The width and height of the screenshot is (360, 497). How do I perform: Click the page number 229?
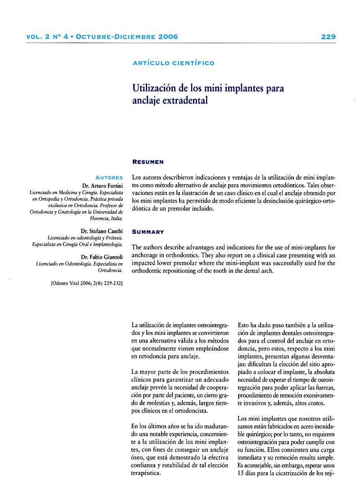point(328,37)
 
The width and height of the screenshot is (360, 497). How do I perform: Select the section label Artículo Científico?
point(173,63)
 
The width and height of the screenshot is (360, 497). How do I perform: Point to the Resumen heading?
point(148,162)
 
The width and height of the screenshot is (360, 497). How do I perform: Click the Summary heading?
point(148,232)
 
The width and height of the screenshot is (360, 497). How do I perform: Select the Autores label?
point(109,177)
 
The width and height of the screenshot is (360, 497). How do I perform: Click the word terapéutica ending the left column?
point(146,473)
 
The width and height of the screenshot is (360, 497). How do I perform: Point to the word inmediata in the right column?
point(253,457)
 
